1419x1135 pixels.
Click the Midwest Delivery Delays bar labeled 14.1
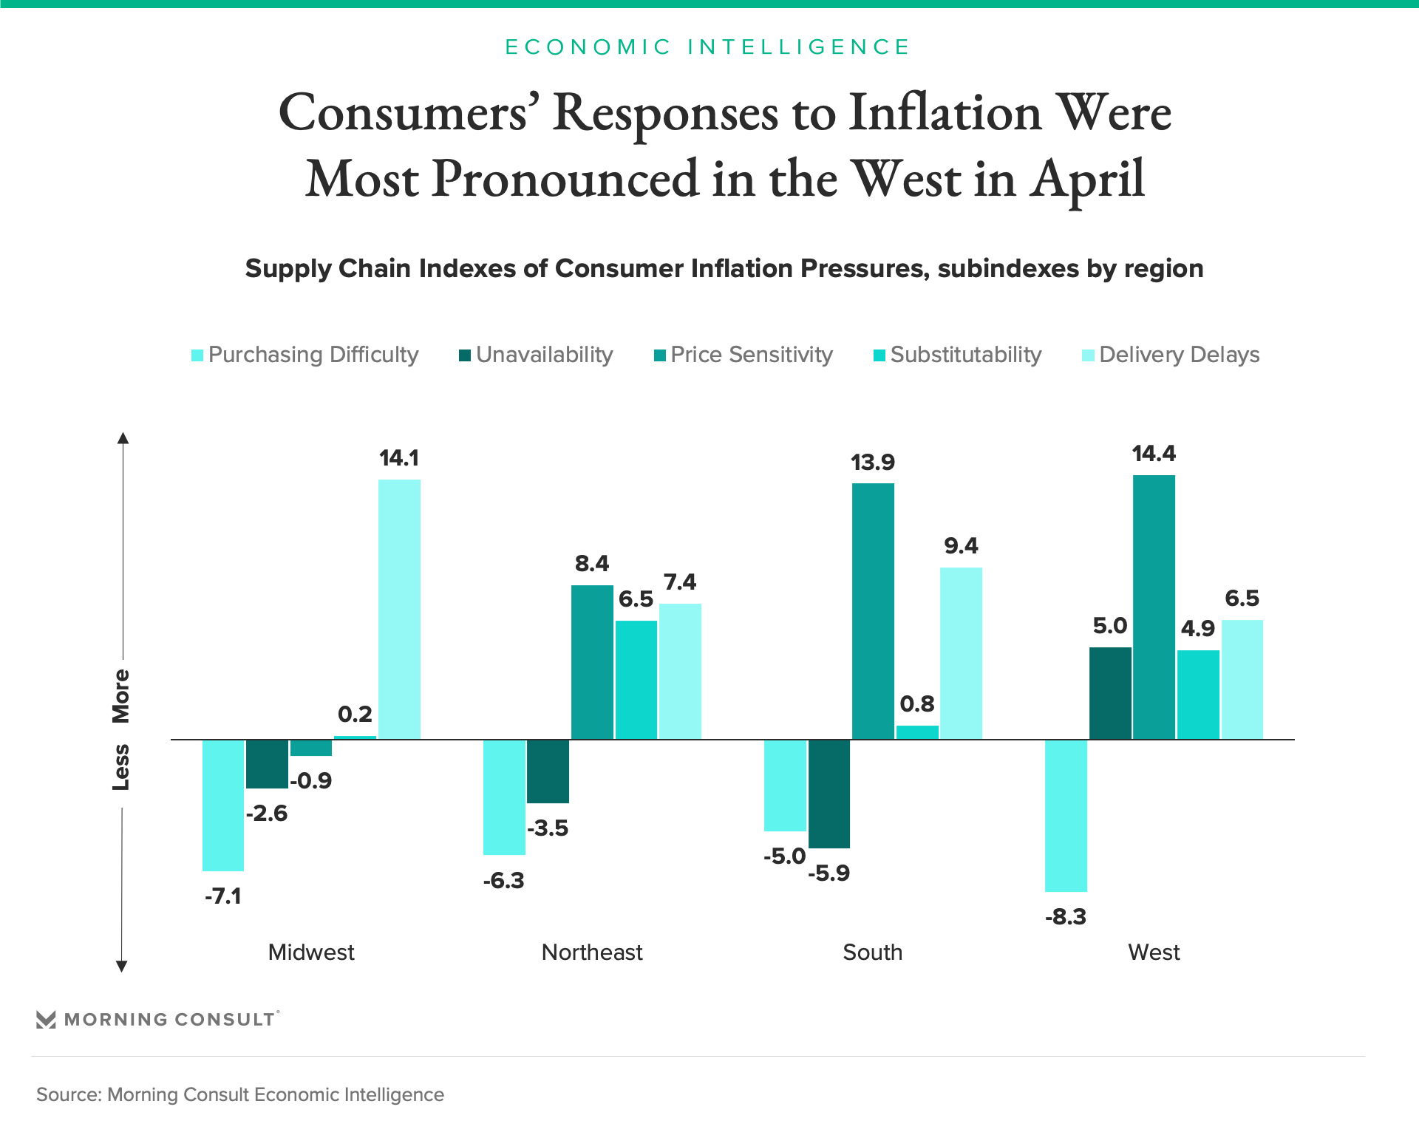[399, 609]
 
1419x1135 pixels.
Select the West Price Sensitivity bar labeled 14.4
[1154, 607]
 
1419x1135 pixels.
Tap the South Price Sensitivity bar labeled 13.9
[873, 611]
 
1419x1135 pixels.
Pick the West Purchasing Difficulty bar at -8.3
[1066, 815]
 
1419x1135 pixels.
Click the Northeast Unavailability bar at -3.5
[548, 771]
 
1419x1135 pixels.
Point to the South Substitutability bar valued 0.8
[917, 732]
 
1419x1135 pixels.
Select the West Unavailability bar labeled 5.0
[1110, 693]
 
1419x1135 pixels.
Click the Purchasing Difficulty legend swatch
[197, 355]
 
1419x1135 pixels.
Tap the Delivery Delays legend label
[1179, 355]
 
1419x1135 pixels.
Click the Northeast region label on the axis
[592, 952]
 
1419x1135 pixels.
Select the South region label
[873, 952]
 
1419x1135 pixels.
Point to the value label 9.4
[961, 546]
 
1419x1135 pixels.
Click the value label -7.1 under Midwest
[223, 896]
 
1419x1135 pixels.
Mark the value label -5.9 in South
[828, 873]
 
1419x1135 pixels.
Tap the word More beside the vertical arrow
[120, 696]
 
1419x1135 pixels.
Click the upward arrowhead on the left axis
[123, 438]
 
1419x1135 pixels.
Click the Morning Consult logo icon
[46, 1020]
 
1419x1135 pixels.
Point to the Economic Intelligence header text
[707, 47]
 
